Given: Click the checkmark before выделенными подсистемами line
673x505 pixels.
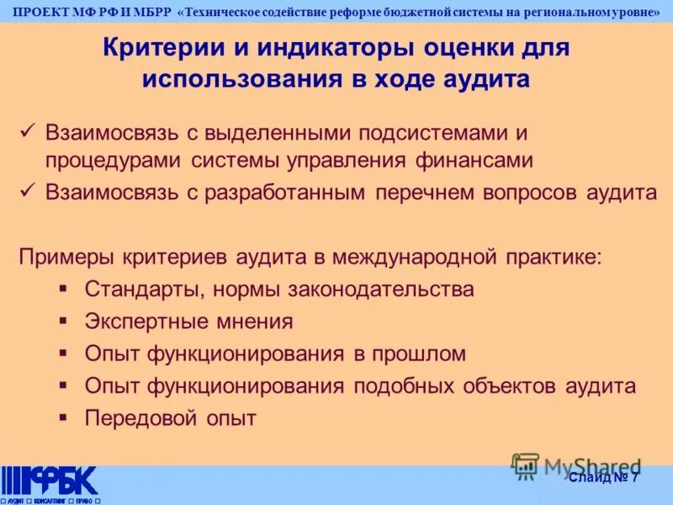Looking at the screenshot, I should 27,130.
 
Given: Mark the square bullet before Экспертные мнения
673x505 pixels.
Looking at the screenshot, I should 64,320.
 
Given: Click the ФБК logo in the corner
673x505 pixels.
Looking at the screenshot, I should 50,481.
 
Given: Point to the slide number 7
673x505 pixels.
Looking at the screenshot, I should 634,478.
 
